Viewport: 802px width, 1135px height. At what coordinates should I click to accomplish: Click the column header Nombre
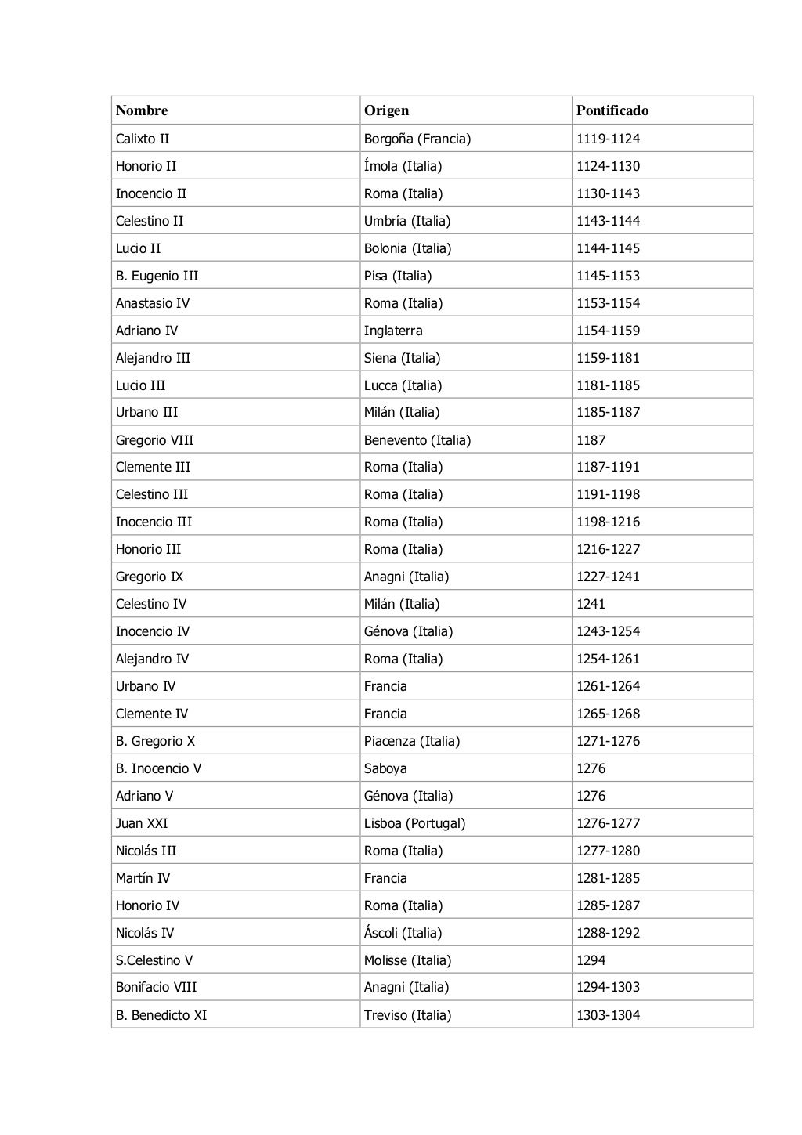point(142,110)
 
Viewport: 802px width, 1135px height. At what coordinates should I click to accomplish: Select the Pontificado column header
point(612,110)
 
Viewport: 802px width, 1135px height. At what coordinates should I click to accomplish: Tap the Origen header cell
point(386,110)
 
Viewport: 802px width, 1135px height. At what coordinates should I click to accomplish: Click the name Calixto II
point(143,139)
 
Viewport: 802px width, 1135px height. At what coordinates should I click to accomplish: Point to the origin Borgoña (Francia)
point(417,139)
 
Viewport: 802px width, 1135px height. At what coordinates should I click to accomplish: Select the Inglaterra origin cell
point(393,331)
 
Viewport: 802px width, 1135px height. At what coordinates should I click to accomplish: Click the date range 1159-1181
point(608,358)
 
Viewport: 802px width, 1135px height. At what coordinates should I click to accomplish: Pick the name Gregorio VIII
point(154,440)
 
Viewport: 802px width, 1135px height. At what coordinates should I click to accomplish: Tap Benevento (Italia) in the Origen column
point(417,440)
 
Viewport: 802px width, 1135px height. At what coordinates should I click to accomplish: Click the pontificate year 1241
point(591,604)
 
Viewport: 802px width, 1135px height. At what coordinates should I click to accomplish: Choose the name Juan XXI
point(142,823)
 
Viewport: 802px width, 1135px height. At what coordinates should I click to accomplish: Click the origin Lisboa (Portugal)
point(414,823)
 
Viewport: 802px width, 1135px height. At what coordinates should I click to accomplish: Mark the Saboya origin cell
point(385,768)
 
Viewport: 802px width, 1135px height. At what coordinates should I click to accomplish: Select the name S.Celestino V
point(154,960)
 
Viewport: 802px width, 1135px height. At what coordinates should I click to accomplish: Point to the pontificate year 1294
point(591,960)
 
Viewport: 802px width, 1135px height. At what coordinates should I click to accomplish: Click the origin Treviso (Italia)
point(407,1015)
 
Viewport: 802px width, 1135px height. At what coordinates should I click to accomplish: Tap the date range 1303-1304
point(608,1015)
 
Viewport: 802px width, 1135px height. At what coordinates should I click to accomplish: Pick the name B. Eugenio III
point(157,276)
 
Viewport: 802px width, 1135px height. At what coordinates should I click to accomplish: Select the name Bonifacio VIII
point(156,987)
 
